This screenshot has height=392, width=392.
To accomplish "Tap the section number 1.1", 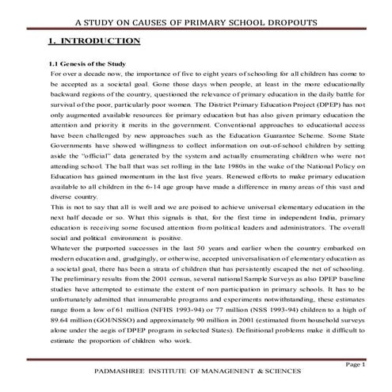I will coord(55,63).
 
